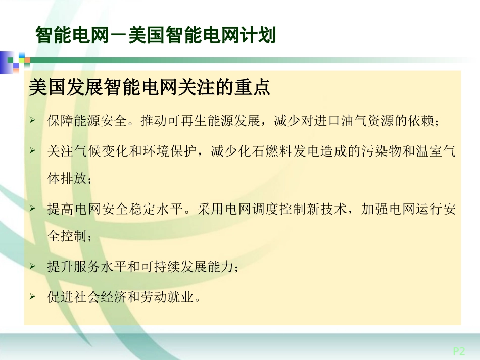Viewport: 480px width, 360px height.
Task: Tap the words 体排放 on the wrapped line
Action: pos(67,180)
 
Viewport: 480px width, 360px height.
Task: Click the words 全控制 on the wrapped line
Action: pos(67,238)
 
